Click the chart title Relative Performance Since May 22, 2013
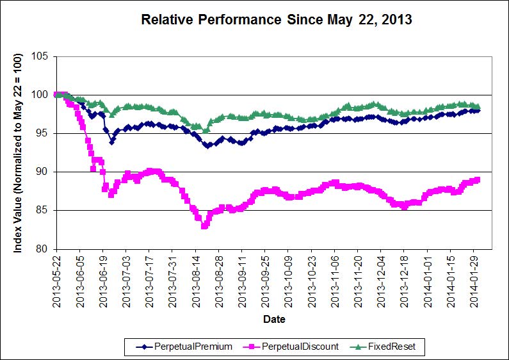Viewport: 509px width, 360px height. (276, 20)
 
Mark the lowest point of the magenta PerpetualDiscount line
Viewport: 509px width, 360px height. (204, 225)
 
